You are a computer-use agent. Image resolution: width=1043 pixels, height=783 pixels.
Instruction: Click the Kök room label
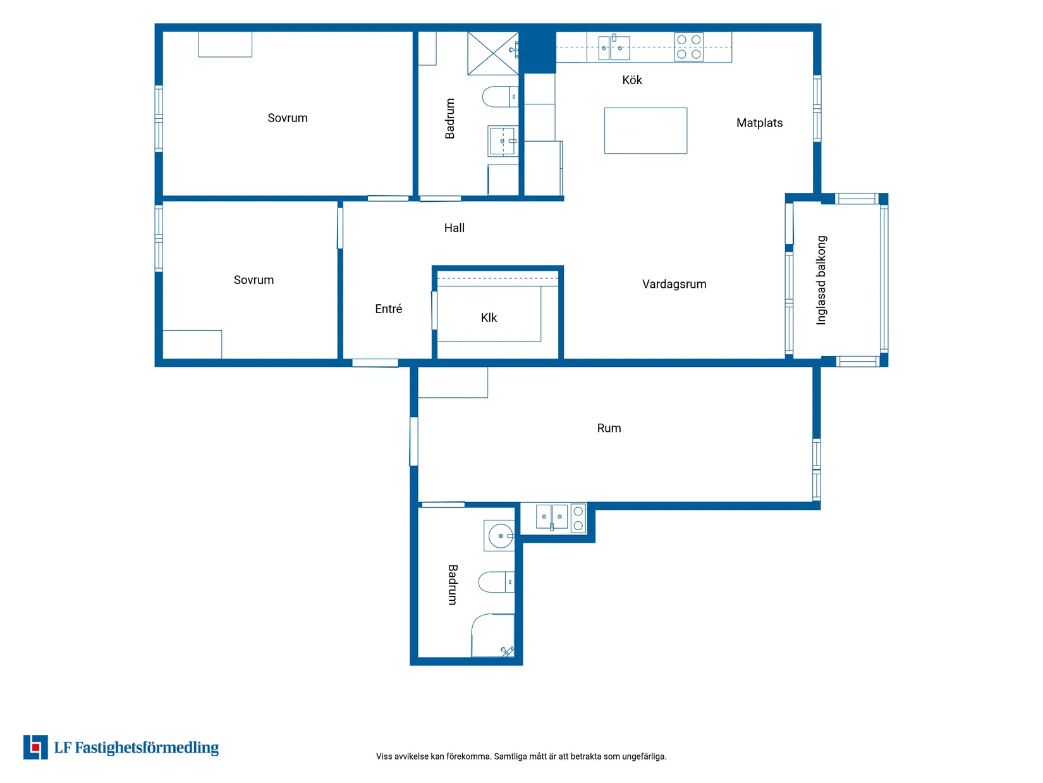coord(631,80)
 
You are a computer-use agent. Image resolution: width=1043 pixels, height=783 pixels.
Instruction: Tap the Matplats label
coord(759,123)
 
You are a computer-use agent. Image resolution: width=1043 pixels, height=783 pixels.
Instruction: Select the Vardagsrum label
coord(674,284)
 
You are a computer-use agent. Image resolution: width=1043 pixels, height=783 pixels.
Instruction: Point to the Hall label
coord(454,228)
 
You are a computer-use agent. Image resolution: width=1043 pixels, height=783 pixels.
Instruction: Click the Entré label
coord(388,309)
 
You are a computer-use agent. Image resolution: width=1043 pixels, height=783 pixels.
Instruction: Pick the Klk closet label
coord(489,318)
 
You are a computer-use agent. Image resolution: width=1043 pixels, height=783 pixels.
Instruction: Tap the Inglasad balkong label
coord(820,280)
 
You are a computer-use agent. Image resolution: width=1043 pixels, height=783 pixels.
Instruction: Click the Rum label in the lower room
coord(609,428)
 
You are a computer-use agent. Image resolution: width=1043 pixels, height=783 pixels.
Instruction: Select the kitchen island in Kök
coord(645,131)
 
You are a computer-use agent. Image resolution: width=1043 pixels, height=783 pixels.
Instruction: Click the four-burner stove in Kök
coord(688,47)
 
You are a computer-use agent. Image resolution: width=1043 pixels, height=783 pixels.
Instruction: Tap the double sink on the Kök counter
coord(613,47)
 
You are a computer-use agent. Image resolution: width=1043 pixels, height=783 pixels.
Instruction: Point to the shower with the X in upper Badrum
coord(493,53)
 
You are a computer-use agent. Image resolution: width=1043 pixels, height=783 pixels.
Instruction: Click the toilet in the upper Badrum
coord(500,97)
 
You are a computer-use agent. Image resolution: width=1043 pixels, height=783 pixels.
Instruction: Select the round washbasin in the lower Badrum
coord(501,535)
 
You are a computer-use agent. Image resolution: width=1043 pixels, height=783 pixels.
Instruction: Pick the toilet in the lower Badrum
coord(496,582)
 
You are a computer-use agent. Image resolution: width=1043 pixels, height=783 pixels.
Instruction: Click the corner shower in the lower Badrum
coord(493,635)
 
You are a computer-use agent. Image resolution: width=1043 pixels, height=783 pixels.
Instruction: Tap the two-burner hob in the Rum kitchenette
coord(578,518)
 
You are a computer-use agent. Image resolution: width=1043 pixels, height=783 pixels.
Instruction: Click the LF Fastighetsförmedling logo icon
coord(35,747)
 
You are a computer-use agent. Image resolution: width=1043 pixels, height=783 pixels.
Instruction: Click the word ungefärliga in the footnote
coord(644,756)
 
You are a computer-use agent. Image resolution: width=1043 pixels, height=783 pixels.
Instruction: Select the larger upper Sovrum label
coord(288,118)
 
